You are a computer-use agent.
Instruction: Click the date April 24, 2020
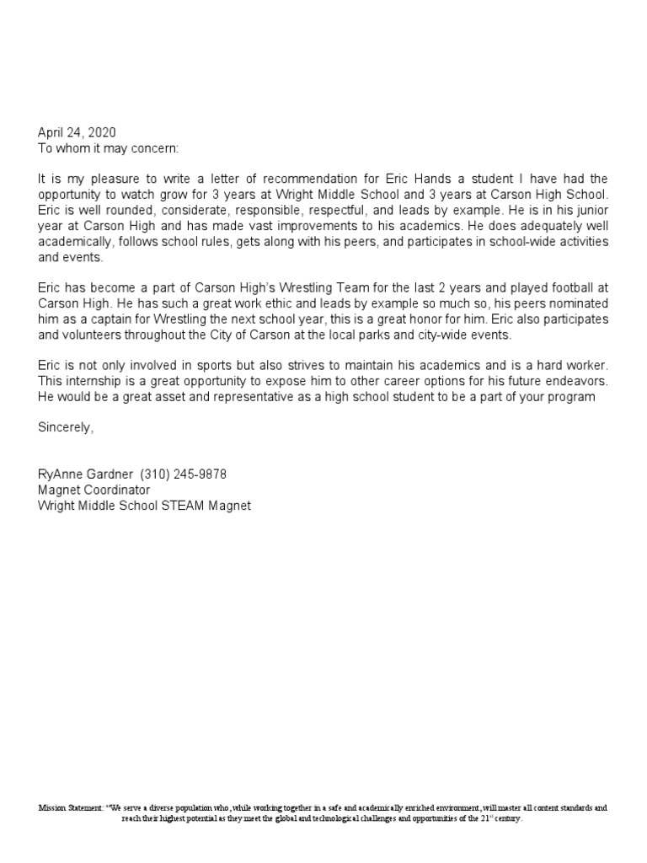77,132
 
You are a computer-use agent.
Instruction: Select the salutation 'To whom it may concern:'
109,147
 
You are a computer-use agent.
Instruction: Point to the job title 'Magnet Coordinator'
94,490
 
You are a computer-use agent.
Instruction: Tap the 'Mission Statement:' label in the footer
70,807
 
